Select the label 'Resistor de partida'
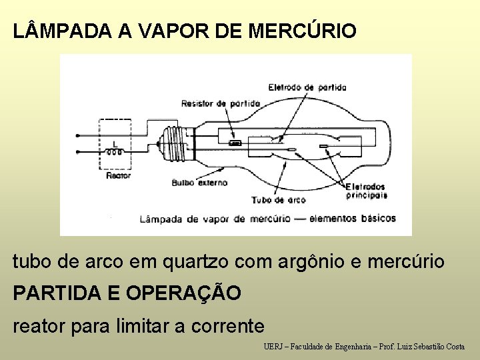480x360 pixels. point(221,103)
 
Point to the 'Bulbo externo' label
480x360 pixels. point(199,182)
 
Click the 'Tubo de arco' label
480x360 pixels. point(279,199)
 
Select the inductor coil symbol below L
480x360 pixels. point(115,152)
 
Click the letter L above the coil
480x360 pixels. point(115,143)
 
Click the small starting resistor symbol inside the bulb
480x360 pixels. point(235,143)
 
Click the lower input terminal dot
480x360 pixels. point(77,151)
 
